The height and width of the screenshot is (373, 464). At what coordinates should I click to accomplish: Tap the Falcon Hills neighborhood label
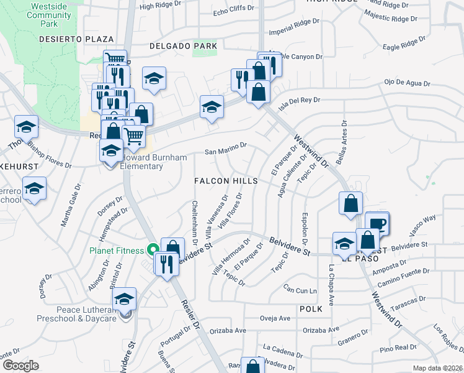pos(225,180)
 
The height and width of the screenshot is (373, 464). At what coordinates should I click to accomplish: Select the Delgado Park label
pos(184,45)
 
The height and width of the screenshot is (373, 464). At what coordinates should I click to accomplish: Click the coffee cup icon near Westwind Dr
pos(378,224)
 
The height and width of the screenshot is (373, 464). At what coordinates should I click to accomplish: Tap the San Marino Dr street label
pos(226,150)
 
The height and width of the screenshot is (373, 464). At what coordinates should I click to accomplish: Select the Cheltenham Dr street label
pos(195,220)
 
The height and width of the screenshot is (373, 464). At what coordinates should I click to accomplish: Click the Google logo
pos(20,365)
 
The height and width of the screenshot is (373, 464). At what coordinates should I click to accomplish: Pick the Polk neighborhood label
pos(311,308)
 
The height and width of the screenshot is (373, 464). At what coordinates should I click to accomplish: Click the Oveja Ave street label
pos(275,318)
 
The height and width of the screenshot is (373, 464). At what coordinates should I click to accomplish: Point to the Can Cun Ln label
pos(300,290)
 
